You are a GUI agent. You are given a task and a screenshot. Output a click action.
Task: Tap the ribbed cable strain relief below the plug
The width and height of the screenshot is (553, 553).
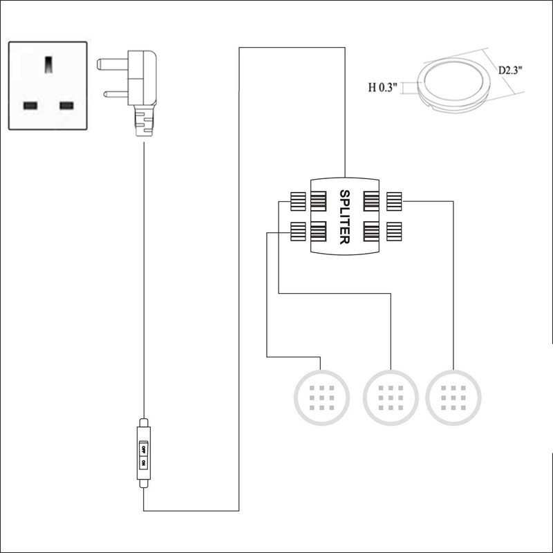pyautogui.click(x=143, y=122)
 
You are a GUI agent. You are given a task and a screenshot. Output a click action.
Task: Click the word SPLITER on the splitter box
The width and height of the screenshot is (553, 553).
pyautogui.click(x=344, y=216)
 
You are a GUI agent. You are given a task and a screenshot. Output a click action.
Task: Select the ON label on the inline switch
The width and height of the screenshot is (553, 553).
pyautogui.click(x=143, y=464)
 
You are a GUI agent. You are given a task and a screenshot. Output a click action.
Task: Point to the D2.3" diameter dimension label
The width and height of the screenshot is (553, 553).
pyautogui.click(x=511, y=70)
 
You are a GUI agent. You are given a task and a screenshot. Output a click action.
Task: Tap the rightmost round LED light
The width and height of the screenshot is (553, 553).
pyautogui.click(x=453, y=397)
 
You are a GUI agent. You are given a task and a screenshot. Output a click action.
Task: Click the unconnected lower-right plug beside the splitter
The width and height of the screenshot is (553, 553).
pyautogui.click(x=395, y=231)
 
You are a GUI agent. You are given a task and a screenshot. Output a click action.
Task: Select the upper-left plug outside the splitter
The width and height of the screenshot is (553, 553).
pyautogui.click(x=298, y=201)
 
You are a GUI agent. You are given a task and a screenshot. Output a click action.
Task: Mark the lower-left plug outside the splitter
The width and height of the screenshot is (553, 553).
pyautogui.click(x=298, y=231)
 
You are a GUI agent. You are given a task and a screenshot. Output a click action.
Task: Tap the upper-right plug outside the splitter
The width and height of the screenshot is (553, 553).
pyautogui.click(x=395, y=201)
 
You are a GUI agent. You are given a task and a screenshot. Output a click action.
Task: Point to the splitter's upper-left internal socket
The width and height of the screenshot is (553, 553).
pyautogui.click(x=319, y=201)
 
